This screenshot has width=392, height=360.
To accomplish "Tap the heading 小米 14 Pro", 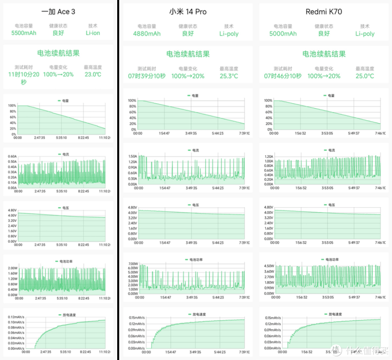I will tap(188, 12).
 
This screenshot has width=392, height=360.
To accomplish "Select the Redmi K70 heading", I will tap(324, 12).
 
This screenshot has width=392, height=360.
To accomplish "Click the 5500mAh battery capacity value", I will tap(24, 33).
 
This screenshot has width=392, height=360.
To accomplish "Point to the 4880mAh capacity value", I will tap(147, 34).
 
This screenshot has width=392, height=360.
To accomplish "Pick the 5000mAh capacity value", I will tap(283, 34).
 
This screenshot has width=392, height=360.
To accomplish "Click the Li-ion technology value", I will tap(93, 33).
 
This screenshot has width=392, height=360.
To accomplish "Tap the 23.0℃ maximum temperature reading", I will tap(93, 74).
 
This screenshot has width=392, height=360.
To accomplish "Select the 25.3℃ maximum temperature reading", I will tap(229, 76).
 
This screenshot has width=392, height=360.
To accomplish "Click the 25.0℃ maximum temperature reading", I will tap(365, 76).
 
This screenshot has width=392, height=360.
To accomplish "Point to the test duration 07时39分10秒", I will tap(147, 76).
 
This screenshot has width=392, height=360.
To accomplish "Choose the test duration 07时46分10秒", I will tap(283, 76).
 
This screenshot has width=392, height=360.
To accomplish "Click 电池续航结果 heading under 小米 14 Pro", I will tap(188, 54).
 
